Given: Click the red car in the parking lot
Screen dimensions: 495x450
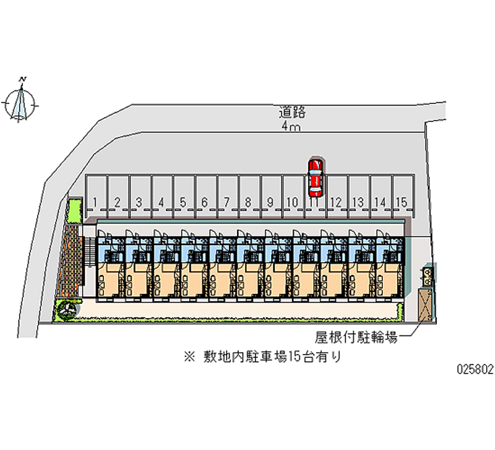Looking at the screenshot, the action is [x=315, y=175].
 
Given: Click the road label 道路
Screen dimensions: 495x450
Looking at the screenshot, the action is [x=293, y=113].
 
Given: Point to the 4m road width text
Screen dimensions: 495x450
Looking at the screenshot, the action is [x=291, y=127].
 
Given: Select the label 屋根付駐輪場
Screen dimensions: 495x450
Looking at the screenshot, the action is [x=355, y=337].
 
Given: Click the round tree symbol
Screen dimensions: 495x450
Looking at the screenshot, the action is [x=66, y=308].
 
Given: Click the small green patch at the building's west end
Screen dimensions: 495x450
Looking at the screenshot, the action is [x=74, y=210].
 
